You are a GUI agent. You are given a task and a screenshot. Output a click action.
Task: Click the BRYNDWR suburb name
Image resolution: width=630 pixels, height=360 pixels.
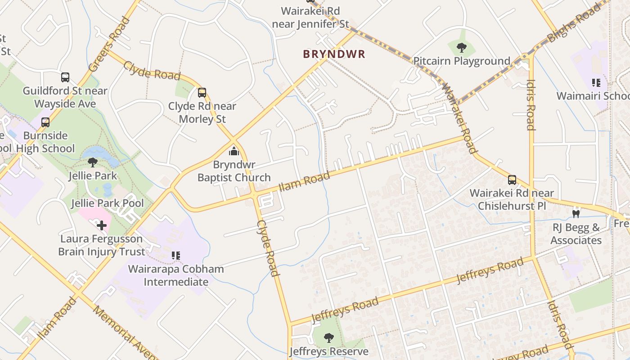[334, 54]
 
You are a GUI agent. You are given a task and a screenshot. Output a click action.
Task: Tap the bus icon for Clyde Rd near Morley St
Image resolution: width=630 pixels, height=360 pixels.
[202, 93]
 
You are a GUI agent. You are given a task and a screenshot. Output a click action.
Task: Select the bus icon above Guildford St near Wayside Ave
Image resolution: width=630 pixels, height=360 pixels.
[65, 77]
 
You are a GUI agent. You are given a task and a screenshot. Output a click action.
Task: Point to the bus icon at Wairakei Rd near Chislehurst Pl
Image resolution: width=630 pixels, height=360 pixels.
[512, 180]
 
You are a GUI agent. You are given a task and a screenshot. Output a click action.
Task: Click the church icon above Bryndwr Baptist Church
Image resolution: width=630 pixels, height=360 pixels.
[234, 151]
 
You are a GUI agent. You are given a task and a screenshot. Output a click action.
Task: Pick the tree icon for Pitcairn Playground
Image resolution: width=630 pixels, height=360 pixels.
[461, 47]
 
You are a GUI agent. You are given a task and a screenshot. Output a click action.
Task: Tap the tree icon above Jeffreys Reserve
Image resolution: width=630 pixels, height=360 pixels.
[329, 337]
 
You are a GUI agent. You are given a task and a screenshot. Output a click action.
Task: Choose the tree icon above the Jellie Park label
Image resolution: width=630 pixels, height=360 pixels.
[93, 162]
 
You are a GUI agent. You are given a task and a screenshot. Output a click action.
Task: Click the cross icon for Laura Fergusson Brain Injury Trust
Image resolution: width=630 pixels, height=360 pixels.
[102, 225]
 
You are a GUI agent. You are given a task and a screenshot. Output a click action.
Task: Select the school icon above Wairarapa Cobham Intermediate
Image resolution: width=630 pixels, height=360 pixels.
[175, 256]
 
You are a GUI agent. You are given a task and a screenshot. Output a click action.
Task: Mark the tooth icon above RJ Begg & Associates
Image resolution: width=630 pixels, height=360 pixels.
[576, 213]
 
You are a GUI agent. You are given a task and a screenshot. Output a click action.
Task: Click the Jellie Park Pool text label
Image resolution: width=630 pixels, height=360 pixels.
[108, 203]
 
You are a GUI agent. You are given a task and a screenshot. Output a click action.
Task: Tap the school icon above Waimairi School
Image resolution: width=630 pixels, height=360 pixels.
[596, 82]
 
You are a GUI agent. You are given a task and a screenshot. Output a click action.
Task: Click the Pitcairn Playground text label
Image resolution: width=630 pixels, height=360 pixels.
[461, 61]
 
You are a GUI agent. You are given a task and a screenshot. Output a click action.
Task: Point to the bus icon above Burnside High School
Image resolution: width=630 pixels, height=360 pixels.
[45, 122]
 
